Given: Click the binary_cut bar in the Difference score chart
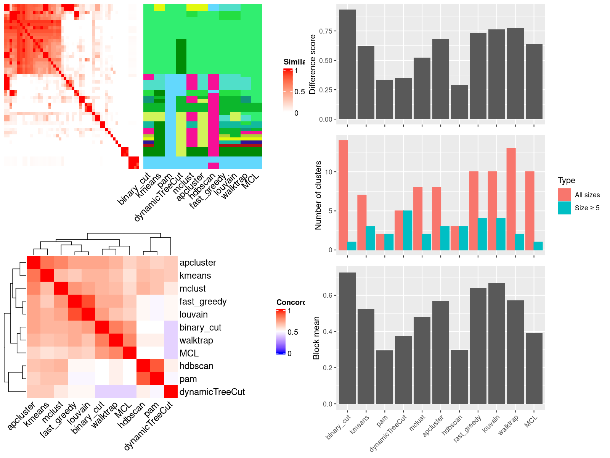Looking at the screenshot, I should pyautogui.click(x=347, y=65).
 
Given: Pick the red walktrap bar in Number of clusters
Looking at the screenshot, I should pyautogui.click(x=511, y=199).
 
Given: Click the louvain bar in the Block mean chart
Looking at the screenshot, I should pyautogui.click(x=496, y=343).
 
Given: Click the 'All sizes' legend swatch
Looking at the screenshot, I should pyautogui.click(x=564, y=195).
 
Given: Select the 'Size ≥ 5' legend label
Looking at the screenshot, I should pyautogui.click(x=587, y=208).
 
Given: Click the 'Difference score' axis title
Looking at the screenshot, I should pyautogui.click(x=313, y=65).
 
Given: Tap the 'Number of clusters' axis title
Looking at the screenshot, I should pyautogui.click(x=318, y=195).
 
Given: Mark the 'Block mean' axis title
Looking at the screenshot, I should pyautogui.click(x=316, y=338).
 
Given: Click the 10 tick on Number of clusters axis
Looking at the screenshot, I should pyautogui.click(x=330, y=172).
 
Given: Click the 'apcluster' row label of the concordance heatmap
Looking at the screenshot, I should pyautogui.click(x=197, y=263).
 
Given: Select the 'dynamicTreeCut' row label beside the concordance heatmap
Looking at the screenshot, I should pyautogui.click(x=212, y=392).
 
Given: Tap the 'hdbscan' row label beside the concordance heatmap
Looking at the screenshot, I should pyautogui.click(x=196, y=366).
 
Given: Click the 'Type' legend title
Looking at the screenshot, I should pyautogui.click(x=567, y=181).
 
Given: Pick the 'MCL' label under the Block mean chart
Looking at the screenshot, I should pyautogui.click(x=531, y=421).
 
